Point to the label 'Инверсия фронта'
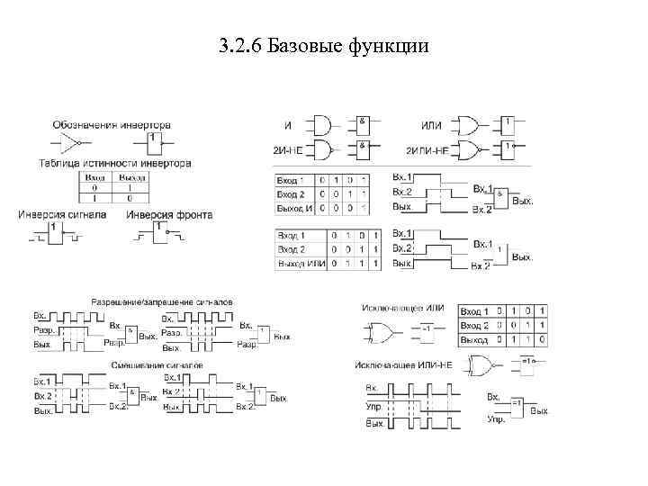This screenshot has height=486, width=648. click(161, 215)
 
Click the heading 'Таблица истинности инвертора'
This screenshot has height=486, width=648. click(114, 164)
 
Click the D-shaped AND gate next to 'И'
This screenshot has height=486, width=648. click(320, 123)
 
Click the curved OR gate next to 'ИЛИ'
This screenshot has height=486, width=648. click(467, 123)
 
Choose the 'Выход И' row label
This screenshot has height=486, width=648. click(296, 208)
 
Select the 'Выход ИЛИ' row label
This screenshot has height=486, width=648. click(301, 263)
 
